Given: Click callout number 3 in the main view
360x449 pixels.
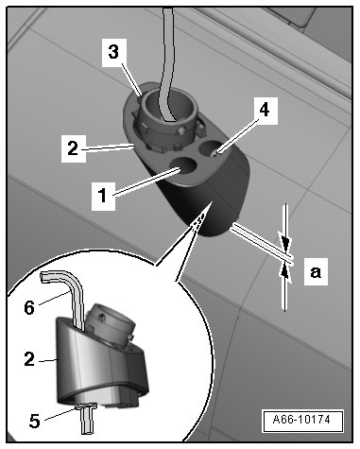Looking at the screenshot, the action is pos(113,52).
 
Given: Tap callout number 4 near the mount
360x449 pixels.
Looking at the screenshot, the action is pos(265,111).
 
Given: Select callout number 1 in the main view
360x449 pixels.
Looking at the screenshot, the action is pos(103,196).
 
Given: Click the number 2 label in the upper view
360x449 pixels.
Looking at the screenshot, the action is pos(73,148).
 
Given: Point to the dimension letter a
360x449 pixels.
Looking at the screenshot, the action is pos(316,271).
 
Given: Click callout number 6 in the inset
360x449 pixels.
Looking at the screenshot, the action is pos(29,307).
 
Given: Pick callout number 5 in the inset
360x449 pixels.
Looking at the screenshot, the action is pos(35,421).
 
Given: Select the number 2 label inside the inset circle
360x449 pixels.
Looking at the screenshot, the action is pos(29,359).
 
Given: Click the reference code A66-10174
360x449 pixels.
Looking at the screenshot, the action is pos(301,420).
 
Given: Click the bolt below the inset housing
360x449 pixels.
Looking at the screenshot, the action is pos(86,419).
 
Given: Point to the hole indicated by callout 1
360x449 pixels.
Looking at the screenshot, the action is pos(183,164).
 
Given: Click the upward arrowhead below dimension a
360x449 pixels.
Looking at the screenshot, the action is pos(285,273).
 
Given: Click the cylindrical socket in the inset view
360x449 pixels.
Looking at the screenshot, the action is pos(111,324).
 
